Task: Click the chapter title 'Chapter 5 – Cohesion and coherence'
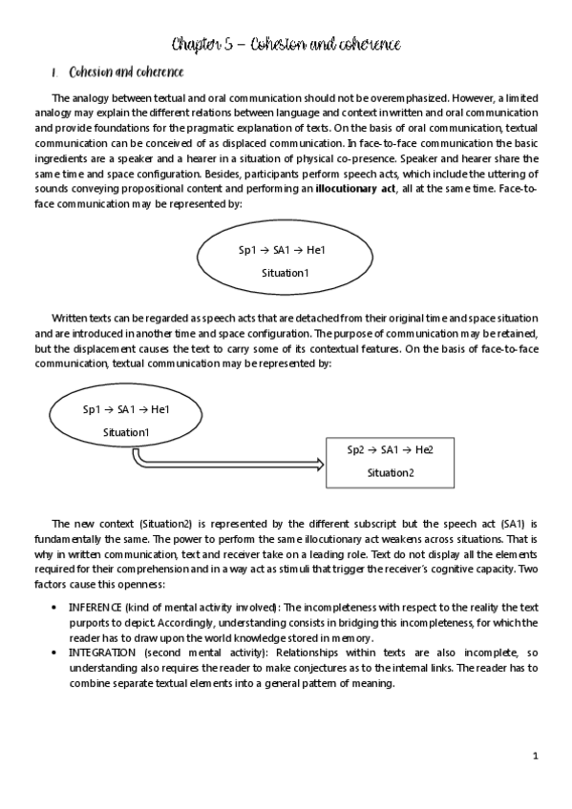286,44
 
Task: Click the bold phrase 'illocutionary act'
358,191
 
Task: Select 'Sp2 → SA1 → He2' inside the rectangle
391,449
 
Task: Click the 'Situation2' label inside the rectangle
391,472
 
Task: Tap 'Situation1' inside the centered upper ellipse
286,272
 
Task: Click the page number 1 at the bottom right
536,757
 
